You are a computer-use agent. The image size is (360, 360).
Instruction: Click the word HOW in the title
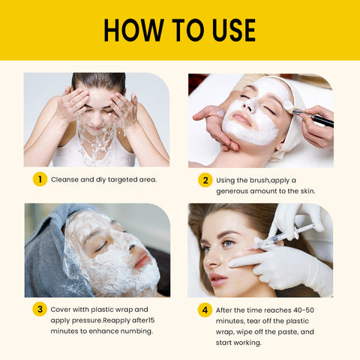[x=133, y=30]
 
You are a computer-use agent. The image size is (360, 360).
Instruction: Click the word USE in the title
[x=234, y=30]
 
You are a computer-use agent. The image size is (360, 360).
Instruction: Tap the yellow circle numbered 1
[x=40, y=179]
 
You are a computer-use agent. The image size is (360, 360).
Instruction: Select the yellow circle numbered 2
[x=205, y=180]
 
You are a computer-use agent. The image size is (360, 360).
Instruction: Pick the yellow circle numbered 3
[x=40, y=309]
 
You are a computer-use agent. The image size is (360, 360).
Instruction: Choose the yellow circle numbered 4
[x=205, y=310]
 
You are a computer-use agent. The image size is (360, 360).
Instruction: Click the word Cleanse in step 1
[x=64, y=179]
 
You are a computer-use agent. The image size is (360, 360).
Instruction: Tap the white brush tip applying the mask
[x=288, y=105]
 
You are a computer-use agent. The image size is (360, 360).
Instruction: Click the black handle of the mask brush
[x=322, y=120]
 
